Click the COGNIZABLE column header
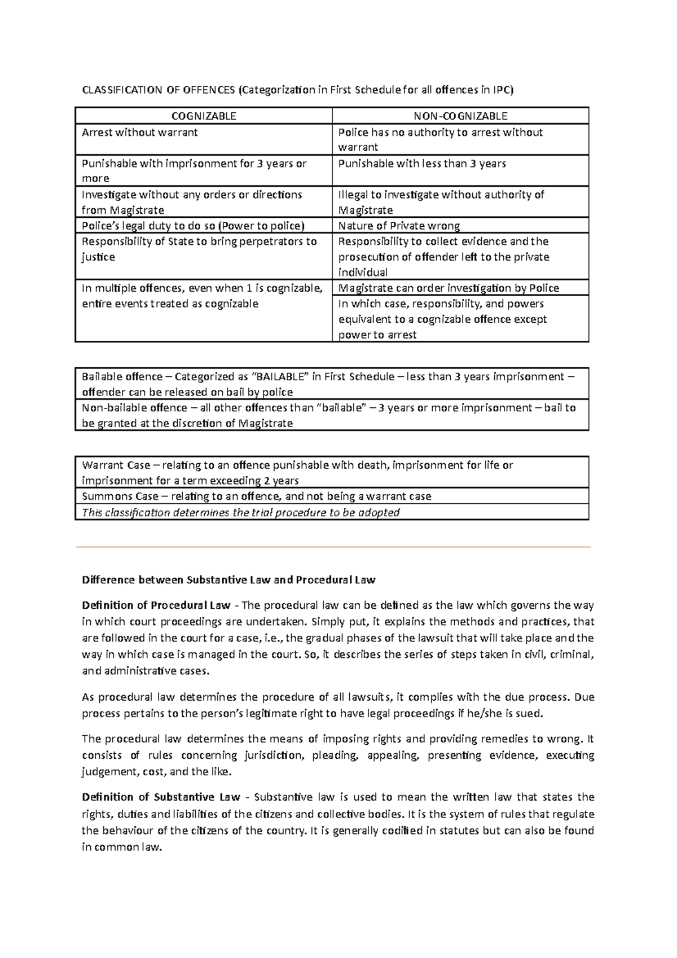[204, 116]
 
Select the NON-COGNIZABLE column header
[460, 116]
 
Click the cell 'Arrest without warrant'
[140, 133]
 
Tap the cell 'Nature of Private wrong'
[399, 226]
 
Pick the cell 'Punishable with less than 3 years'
[421, 164]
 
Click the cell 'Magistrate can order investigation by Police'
[449, 288]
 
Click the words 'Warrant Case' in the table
[116, 465]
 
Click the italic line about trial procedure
[240, 512]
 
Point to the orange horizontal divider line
[333, 547]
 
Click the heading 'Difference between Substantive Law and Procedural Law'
[228, 580]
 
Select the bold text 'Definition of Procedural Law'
[156, 605]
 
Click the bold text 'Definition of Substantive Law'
[161, 797]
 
